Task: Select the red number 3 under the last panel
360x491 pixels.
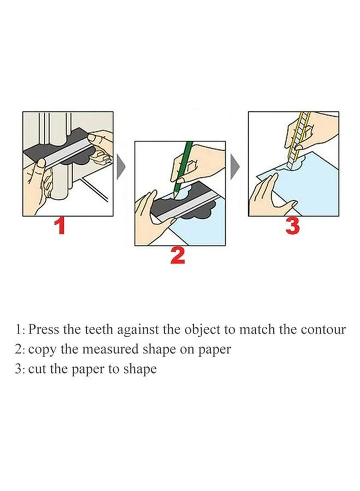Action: (x=293, y=225)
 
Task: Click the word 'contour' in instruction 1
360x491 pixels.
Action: (x=324, y=330)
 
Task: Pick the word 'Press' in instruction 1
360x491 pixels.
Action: (x=41, y=330)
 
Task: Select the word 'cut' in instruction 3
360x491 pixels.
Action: (x=35, y=369)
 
